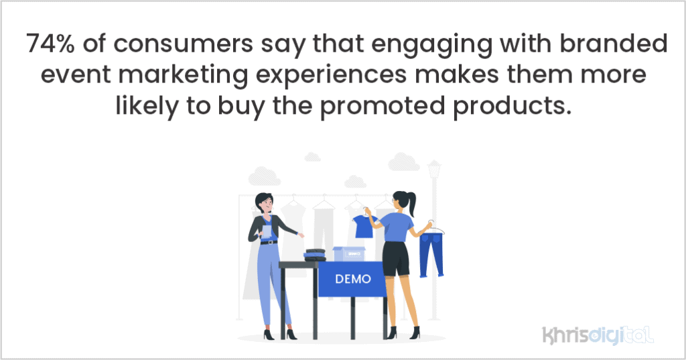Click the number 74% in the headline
49,46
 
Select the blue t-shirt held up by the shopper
364,227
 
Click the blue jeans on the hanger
431,253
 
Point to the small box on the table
348,254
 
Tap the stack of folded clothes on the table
314,255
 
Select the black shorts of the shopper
396,258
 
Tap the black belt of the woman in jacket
268,242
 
